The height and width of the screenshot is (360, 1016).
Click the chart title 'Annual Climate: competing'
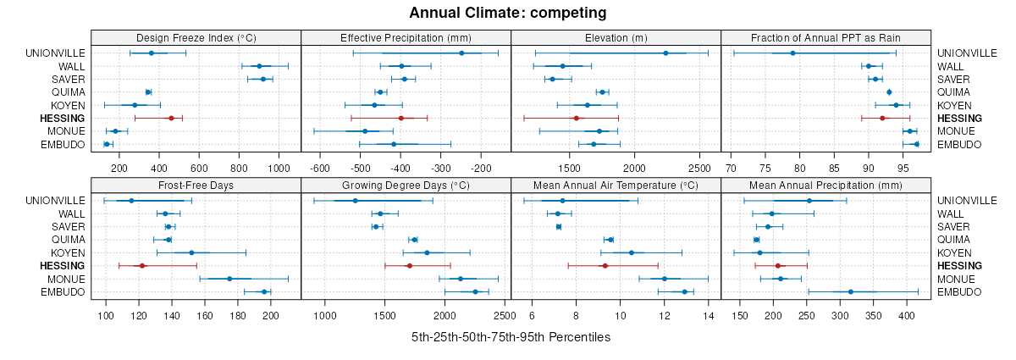coord(508,13)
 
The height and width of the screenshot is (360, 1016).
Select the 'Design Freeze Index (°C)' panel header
coord(196,37)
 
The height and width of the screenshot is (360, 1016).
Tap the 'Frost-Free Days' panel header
coord(196,185)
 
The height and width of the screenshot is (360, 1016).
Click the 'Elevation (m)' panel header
coord(616,37)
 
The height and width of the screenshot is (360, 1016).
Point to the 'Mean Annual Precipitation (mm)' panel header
coord(825,185)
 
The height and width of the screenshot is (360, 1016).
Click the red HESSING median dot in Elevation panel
coord(576,118)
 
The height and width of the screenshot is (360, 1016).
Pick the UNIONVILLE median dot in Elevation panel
coord(665,53)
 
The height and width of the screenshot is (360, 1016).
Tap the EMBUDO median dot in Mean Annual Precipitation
coord(851,292)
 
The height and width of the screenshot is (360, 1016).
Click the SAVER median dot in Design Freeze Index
coord(263,79)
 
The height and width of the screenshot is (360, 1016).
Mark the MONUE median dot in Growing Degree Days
coord(461,279)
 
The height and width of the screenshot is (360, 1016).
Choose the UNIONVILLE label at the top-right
coord(967,53)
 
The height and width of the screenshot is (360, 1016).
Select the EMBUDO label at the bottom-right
coord(958,145)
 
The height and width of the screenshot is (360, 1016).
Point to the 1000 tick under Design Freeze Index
coord(279,168)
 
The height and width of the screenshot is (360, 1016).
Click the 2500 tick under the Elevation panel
coord(699,168)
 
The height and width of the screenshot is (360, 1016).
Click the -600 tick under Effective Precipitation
coord(320,168)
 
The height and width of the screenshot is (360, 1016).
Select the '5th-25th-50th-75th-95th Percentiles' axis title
coord(511,337)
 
